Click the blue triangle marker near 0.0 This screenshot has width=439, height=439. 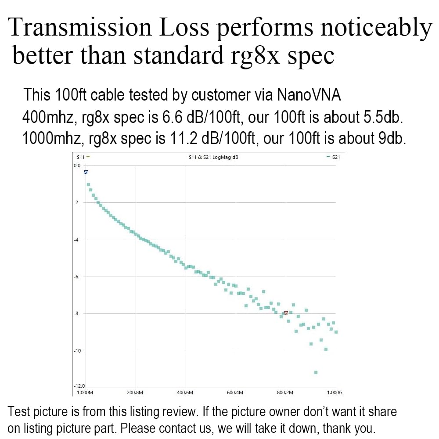(x=86, y=173)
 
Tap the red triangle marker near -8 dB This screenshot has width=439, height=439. (x=286, y=313)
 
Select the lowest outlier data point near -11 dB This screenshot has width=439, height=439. (x=316, y=372)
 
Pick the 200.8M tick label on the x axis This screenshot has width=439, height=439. (x=135, y=392)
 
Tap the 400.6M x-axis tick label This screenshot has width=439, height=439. (x=185, y=392)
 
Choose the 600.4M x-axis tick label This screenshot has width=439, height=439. (x=235, y=392)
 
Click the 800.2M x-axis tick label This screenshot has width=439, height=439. (x=285, y=392)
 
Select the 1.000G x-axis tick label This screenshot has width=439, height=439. (x=335, y=392)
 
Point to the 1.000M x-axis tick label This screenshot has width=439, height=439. (x=85, y=392)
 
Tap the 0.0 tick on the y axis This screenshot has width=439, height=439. (x=77, y=166)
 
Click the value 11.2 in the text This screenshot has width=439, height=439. (x=181, y=139)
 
